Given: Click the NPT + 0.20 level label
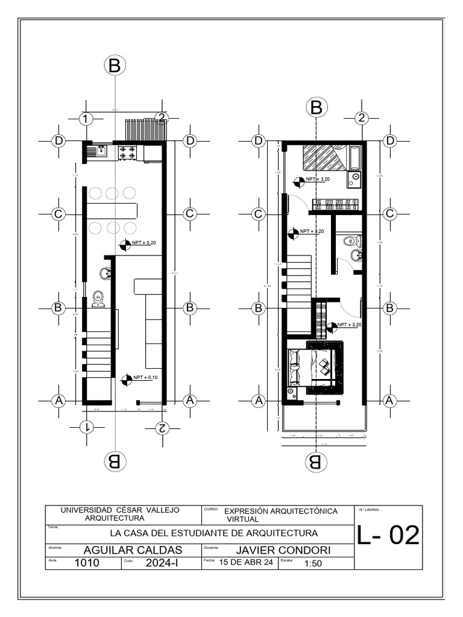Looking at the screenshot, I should [x=144, y=242].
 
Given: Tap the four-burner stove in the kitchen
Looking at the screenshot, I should [x=127, y=152].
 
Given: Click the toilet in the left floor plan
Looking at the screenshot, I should [x=98, y=299].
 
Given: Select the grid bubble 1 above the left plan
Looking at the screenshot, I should [x=86, y=118].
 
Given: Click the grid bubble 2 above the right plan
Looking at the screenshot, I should [x=361, y=118].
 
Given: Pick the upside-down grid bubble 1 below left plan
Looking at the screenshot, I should [x=86, y=427].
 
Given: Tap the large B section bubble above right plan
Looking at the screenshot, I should [x=315, y=108].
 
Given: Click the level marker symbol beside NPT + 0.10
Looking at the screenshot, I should [x=126, y=380].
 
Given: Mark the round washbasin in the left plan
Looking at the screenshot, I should [x=106, y=275].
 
